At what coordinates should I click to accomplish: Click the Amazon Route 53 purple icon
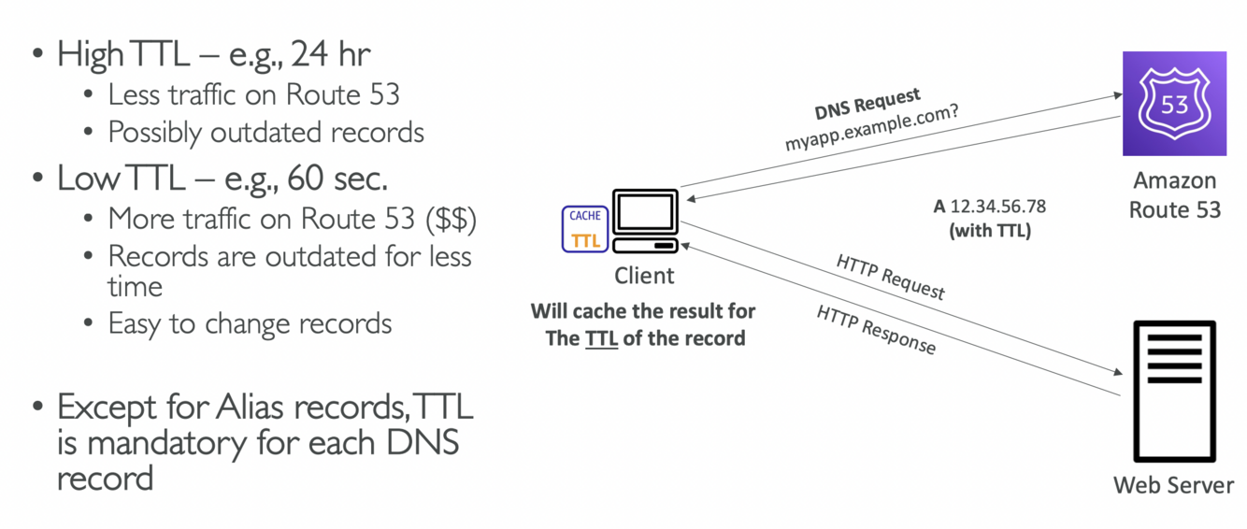tap(1174, 104)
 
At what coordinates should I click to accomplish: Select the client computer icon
tap(645, 222)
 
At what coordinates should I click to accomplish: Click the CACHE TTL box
tap(585, 229)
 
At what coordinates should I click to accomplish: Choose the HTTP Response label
tap(876, 330)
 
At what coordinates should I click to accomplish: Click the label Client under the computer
tap(644, 276)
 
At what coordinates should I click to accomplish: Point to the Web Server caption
tap(1173, 485)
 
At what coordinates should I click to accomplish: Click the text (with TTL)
tap(989, 230)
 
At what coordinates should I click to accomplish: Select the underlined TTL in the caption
tap(602, 337)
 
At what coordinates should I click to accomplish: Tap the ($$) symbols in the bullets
tap(451, 218)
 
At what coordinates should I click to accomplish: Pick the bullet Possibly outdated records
tap(265, 133)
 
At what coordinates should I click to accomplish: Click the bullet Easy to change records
tap(250, 323)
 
